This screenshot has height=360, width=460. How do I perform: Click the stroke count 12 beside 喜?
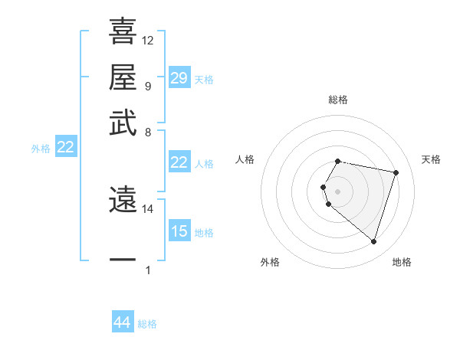click(148, 41)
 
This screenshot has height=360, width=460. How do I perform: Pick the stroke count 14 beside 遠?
click(148, 208)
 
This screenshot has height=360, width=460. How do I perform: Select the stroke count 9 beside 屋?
click(147, 86)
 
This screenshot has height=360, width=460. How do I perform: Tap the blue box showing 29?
click(179, 78)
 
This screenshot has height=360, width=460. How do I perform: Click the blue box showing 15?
click(179, 231)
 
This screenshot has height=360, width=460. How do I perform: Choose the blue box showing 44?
click(122, 322)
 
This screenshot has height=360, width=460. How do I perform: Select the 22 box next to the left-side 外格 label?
click(65, 148)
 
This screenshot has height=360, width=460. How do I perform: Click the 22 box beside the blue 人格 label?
click(179, 162)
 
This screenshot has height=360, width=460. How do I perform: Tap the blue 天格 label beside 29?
click(204, 80)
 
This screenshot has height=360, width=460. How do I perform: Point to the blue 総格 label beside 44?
click(147, 324)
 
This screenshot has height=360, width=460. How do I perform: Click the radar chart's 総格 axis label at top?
click(338, 100)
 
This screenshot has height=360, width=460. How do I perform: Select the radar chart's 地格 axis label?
click(402, 262)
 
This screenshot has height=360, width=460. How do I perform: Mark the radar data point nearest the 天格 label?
click(396, 173)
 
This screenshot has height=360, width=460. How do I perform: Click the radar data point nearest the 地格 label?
click(373, 242)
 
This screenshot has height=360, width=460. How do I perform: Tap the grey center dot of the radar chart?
click(338, 191)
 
